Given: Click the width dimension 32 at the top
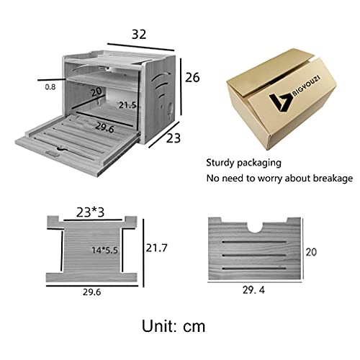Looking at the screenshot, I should click(139, 32).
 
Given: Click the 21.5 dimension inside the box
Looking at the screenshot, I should click(127, 105).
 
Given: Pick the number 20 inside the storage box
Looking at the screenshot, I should click(95, 92).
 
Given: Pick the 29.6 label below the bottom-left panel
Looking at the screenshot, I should click(91, 292).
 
